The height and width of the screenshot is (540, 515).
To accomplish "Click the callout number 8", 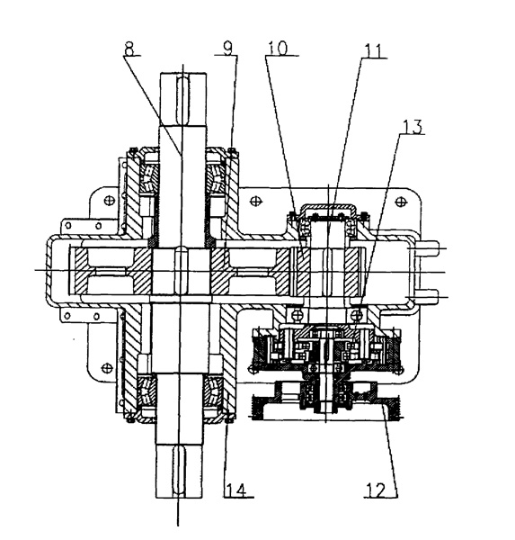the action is pyautogui.click(x=129, y=49).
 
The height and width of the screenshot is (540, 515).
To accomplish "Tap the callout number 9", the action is pyautogui.click(x=227, y=48).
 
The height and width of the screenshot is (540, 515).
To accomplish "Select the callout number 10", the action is pyautogui.click(x=278, y=48).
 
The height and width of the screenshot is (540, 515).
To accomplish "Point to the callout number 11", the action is pyautogui.click(x=373, y=51).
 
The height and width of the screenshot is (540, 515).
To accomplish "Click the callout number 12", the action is pyautogui.click(x=376, y=490).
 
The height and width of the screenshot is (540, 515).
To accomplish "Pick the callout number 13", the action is pyautogui.click(x=412, y=127).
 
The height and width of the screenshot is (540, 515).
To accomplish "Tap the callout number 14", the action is pyautogui.click(x=236, y=490).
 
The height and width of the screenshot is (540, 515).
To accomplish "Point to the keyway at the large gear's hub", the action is pyautogui.click(x=181, y=271).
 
